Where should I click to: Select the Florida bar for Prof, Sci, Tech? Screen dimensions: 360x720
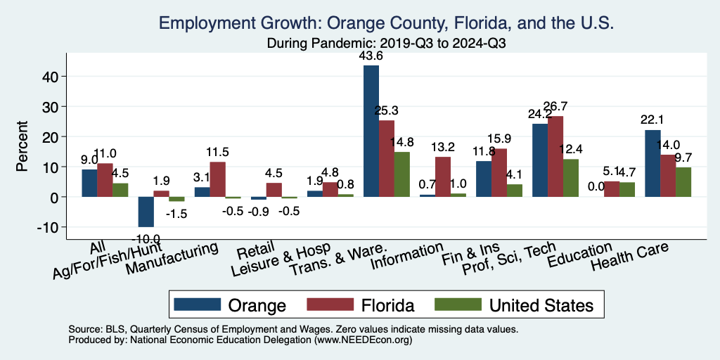(555, 156)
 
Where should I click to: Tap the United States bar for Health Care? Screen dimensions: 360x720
(683, 182)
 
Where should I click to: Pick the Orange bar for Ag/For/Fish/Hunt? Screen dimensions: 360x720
(146, 212)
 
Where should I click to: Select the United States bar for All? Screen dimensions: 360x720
(120, 190)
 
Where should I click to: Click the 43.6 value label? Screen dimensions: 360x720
(371, 56)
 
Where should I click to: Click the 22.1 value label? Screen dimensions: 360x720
(652, 120)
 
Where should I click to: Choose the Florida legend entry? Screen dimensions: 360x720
(361, 305)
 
